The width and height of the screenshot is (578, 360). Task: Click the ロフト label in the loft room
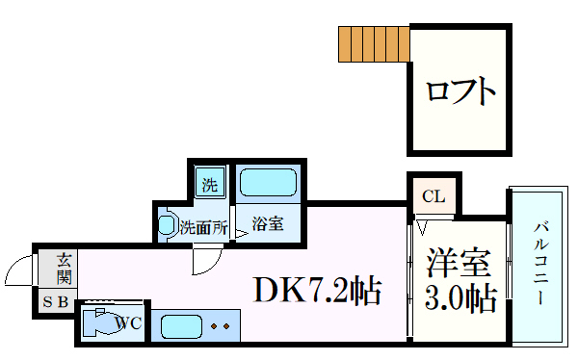460,92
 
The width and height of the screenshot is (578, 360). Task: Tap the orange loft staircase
373,43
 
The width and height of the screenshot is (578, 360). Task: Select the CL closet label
433,197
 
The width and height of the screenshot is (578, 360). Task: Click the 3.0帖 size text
459,297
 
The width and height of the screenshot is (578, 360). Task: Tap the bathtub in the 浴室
269,183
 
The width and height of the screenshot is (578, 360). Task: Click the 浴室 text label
267,225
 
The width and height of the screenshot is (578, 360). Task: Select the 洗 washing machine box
209,181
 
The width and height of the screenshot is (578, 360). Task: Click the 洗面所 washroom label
204,228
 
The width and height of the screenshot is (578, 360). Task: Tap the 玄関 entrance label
63,268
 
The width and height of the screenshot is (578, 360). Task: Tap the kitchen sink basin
179,325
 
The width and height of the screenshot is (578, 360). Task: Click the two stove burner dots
221,326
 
